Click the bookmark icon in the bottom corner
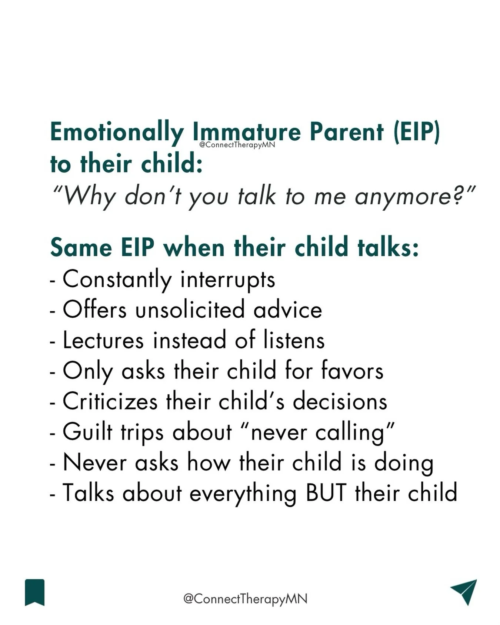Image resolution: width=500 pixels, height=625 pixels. pos(35,592)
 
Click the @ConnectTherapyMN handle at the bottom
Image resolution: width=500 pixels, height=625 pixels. pos(245,599)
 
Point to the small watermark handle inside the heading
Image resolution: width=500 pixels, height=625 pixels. pos(237,145)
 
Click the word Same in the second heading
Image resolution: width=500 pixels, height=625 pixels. pos(81,247)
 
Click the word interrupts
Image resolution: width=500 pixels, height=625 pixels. pos(228,280)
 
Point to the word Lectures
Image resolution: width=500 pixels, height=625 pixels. pos(103,340)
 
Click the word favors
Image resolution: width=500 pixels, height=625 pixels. pos(352,371)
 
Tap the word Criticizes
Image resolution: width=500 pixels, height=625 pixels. pos(110,401)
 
